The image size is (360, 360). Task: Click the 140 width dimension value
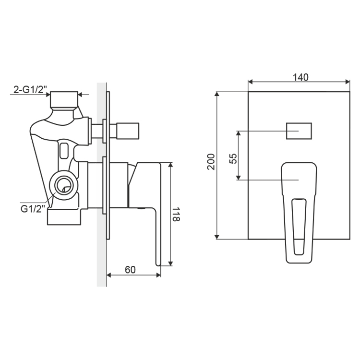pyautogui.click(x=300, y=77)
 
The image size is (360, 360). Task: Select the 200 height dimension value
pyautogui.click(x=211, y=162)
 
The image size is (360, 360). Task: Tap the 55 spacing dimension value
pyautogui.click(x=233, y=158)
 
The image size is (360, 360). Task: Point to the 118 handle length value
pyautogui.click(x=176, y=214)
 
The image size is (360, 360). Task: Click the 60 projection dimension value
pyautogui.click(x=130, y=270)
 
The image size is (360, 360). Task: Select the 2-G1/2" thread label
pyautogui.click(x=30, y=90)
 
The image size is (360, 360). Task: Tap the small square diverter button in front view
pyautogui.click(x=299, y=131)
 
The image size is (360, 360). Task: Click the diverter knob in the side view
pyautogui.click(x=128, y=131)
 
